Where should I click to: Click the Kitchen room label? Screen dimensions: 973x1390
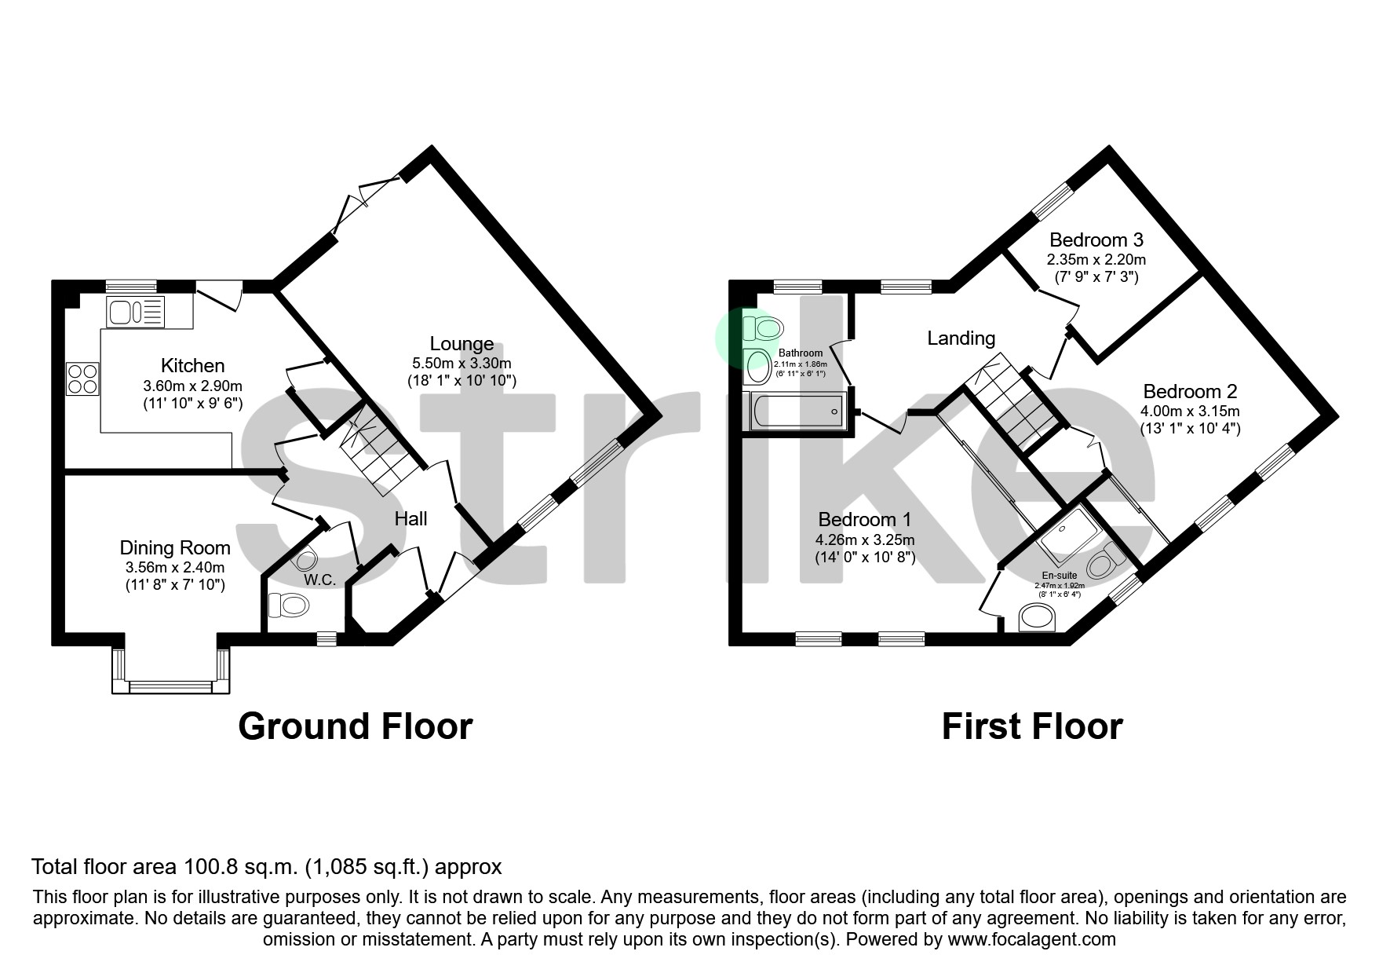pos(192,365)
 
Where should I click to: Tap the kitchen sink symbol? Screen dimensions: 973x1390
pos(135,313)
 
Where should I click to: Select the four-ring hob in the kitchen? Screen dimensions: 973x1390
pos(83,378)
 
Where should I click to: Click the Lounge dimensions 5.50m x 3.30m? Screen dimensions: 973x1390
pos(462,363)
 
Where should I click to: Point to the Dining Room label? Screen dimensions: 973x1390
pos(175,547)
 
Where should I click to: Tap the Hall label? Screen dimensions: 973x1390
pos(410,518)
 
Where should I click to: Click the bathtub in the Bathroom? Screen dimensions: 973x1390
pos(797,411)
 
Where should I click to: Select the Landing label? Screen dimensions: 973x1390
pos(961,338)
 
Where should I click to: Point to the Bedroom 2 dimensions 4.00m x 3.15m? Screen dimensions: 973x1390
pos(1190,411)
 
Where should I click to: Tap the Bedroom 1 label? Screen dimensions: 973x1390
pos(864,519)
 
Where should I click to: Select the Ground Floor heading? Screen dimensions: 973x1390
pos(355,726)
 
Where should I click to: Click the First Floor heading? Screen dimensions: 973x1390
pos(1031,726)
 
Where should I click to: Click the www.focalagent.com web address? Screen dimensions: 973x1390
pos(1031,939)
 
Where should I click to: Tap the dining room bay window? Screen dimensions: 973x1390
pos(171,686)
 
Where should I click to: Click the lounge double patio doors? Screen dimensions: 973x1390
pos(362,196)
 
